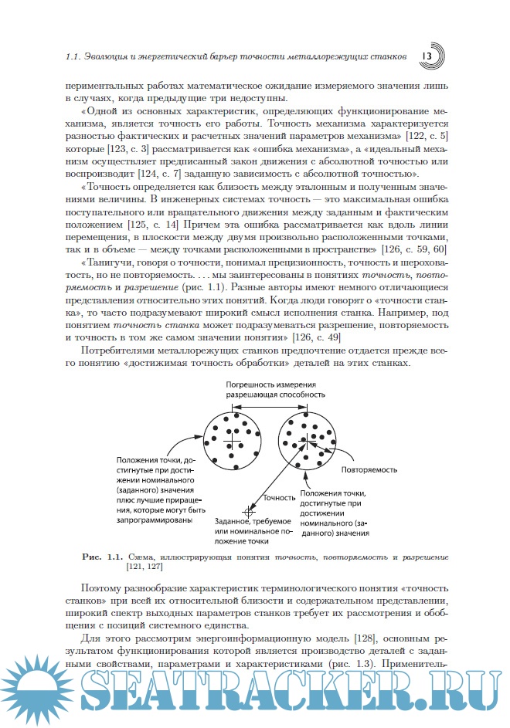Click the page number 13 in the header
click(x=427, y=57)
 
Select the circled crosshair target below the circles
click(x=249, y=511)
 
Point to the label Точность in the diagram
click(x=280, y=498)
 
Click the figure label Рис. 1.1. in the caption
click(x=103, y=556)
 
